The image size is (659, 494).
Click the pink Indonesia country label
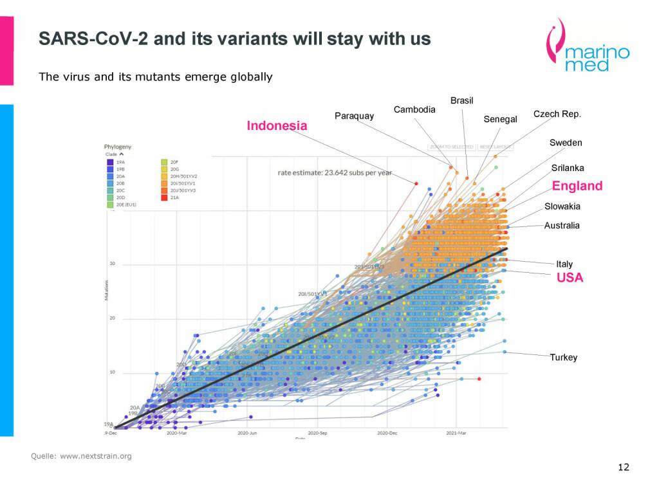(x=277, y=126)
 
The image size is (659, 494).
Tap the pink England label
(x=577, y=186)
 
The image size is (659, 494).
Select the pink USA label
(x=570, y=278)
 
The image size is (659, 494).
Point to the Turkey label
(x=563, y=358)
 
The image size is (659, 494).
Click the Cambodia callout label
(x=414, y=109)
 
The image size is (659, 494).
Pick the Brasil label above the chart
(x=461, y=101)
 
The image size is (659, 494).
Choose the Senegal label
(x=500, y=119)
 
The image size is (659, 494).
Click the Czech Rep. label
(x=557, y=114)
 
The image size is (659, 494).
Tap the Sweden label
(x=566, y=142)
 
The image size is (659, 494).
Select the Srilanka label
(x=568, y=168)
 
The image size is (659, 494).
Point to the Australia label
(x=562, y=226)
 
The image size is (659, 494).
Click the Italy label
(x=564, y=264)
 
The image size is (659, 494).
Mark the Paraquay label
(x=354, y=116)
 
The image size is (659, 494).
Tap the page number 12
(x=623, y=467)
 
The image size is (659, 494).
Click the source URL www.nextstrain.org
(x=96, y=456)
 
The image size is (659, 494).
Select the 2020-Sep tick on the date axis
(x=317, y=434)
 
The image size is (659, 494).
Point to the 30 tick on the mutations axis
(x=112, y=264)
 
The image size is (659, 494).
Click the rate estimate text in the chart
(x=335, y=172)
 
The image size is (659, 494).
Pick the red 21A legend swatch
(x=164, y=197)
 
